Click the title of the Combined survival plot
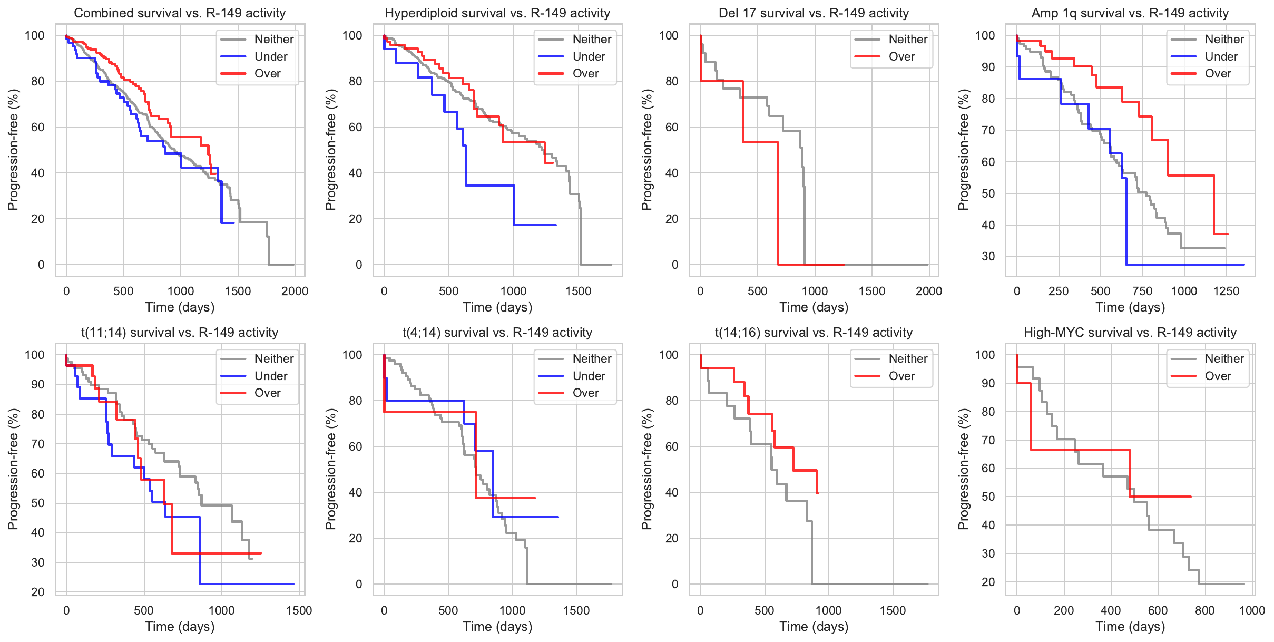tap(180, 13)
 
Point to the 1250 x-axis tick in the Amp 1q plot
tap(1226, 291)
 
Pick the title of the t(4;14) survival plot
tap(497, 333)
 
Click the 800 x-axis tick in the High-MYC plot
tap(1205, 610)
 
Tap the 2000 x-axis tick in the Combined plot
tap(295, 291)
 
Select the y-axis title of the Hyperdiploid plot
tap(330, 150)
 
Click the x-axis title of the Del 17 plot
tap(814, 307)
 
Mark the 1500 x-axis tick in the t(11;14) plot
tap(299, 610)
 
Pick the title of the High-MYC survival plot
tap(1130, 333)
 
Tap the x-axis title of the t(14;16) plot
tap(814, 627)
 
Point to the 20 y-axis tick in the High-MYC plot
tap(988, 582)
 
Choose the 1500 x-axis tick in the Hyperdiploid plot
tap(578, 291)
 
